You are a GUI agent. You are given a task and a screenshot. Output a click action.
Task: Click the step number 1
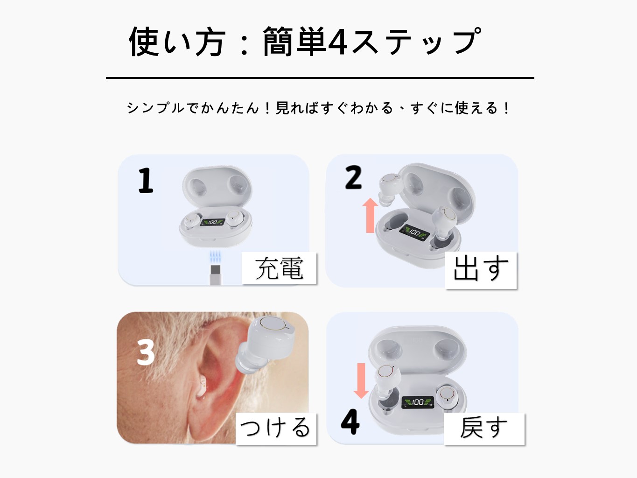click(146, 180)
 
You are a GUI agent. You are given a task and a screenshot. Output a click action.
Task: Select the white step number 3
click(146, 352)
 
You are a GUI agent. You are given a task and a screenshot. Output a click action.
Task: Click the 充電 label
click(279, 268)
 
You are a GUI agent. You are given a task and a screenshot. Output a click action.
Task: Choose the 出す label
click(481, 270)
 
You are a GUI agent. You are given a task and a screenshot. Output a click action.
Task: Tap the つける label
click(276, 428)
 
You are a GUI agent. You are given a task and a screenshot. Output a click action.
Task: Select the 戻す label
click(484, 428)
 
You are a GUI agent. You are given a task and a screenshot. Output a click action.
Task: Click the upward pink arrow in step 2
click(370, 215)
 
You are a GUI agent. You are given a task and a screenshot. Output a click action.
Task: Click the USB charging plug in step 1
click(215, 275)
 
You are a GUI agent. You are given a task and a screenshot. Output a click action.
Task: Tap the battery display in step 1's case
click(213, 222)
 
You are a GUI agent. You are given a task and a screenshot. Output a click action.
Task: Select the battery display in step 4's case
click(418, 402)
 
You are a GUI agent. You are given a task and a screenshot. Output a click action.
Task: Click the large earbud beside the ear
click(264, 345)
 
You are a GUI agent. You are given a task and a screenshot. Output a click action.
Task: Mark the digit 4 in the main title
click(337, 42)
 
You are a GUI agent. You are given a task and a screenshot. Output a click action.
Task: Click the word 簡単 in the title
click(294, 42)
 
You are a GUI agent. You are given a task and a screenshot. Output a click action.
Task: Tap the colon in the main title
click(245, 44)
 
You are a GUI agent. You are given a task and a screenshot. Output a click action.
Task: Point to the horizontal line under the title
click(320, 78)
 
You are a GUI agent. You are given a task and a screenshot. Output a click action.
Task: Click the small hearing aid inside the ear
click(202, 387)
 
